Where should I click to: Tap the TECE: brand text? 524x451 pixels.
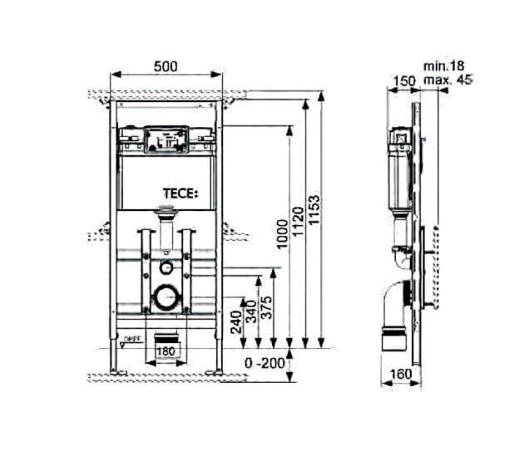180,194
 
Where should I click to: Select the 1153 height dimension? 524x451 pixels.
314,215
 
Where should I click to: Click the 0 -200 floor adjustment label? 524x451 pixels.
263,363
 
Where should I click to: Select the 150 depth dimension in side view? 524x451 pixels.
404,80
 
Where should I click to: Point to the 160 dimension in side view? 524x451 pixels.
400,375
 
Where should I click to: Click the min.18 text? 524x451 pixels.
442,65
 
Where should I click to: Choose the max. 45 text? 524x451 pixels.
447,80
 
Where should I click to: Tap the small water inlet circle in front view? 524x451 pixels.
166,268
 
